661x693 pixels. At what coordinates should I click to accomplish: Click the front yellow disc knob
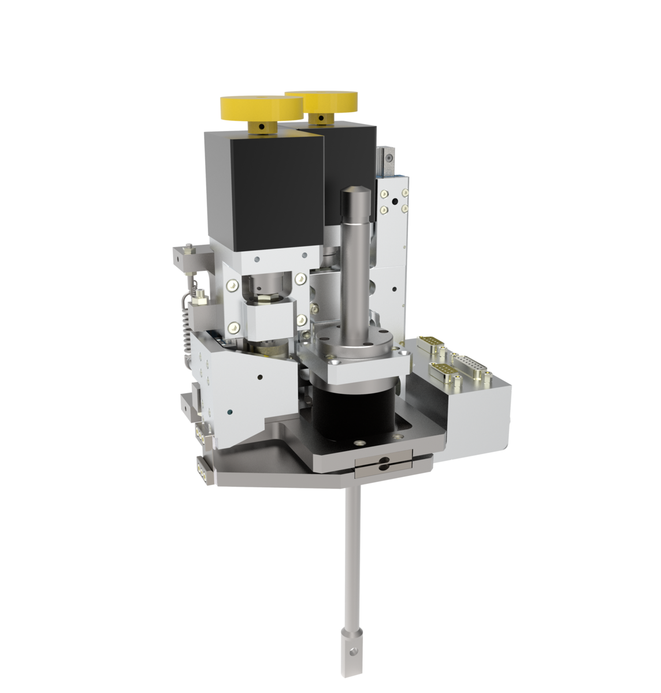[x=261, y=107]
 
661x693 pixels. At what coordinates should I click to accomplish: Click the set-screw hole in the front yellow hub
[x=261, y=127]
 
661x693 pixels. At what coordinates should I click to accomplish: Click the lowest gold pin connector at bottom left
[x=202, y=467]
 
